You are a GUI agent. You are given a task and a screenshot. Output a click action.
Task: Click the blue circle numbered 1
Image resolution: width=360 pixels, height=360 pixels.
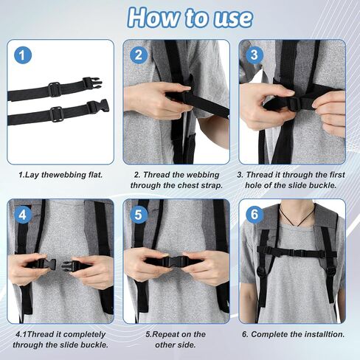pyautogui.click(x=23, y=55)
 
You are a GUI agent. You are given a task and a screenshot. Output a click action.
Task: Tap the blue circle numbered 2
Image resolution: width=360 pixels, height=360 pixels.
pyautogui.click(x=139, y=55)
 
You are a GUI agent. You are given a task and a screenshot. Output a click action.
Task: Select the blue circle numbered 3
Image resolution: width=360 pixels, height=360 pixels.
pyautogui.click(x=255, y=55)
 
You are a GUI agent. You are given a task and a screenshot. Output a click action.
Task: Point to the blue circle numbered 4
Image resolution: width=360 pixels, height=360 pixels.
pyautogui.click(x=23, y=215)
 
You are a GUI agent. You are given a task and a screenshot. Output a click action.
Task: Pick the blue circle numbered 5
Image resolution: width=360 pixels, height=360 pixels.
pyautogui.click(x=139, y=215)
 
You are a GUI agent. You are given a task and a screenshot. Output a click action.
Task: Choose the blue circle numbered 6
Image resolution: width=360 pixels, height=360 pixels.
pyautogui.click(x=255, y=215)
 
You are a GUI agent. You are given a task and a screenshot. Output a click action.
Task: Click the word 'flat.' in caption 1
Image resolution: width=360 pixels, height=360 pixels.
pyautogui.click(x=94, y=175)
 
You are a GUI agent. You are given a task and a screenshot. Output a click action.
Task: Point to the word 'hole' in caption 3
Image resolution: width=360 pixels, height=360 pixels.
pyautogui.click(x=253, y=185)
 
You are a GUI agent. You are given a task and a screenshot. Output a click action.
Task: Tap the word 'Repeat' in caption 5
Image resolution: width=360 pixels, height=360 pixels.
pyautogui.click(x=167, y=335)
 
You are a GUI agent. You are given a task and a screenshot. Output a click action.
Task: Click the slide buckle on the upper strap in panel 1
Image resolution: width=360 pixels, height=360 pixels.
pyautogui.click(x=54, y=89)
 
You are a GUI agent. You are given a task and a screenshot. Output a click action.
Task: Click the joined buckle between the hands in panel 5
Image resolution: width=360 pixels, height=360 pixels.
pyautogui.click(x=175, y=261)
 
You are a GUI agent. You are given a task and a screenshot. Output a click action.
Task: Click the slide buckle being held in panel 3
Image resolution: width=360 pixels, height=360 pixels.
pyautogui.click(x=294, y=104)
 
